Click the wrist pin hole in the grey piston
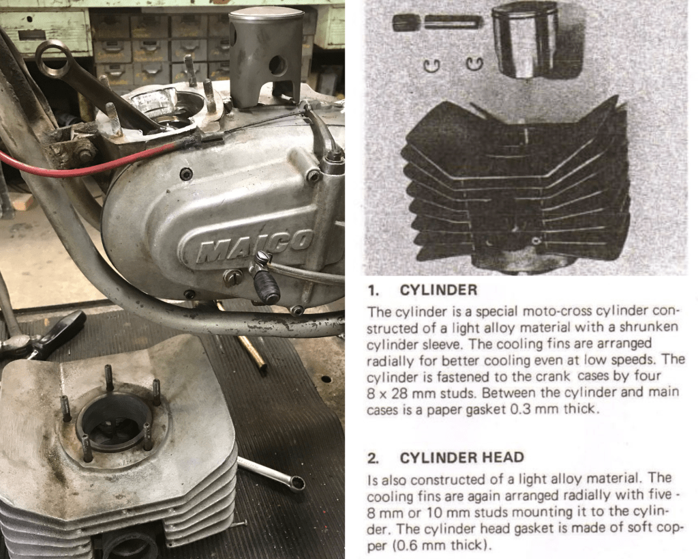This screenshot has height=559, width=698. click(x=278, y=65)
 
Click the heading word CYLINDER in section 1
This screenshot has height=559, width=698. click(x=438, y=290)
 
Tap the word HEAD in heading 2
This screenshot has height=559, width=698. click(x=502, y=458)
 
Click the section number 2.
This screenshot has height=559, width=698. click(x=372, y=458)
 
